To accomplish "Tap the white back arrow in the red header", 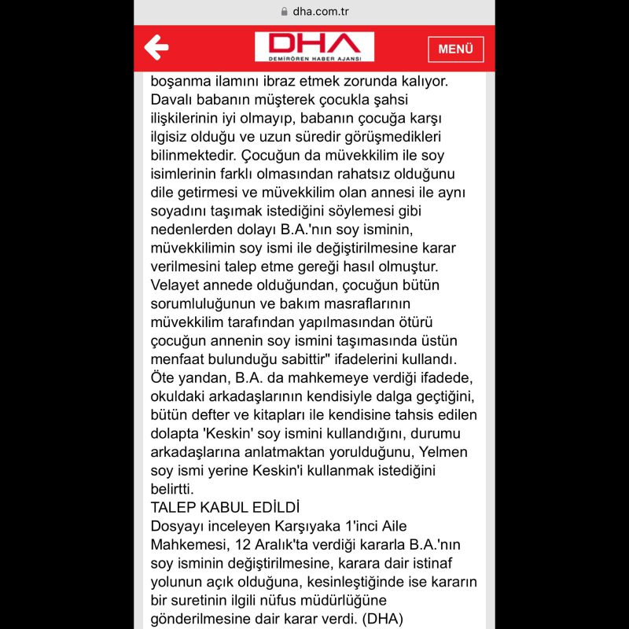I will tap(156, 48).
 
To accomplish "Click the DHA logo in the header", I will tap(314, 47).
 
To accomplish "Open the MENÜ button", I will tap(455, 49).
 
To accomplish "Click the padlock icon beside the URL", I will tap(284, 12).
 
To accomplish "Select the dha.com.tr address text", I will tap(321, 12).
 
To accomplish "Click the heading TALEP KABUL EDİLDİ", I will tap(226, 507).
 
